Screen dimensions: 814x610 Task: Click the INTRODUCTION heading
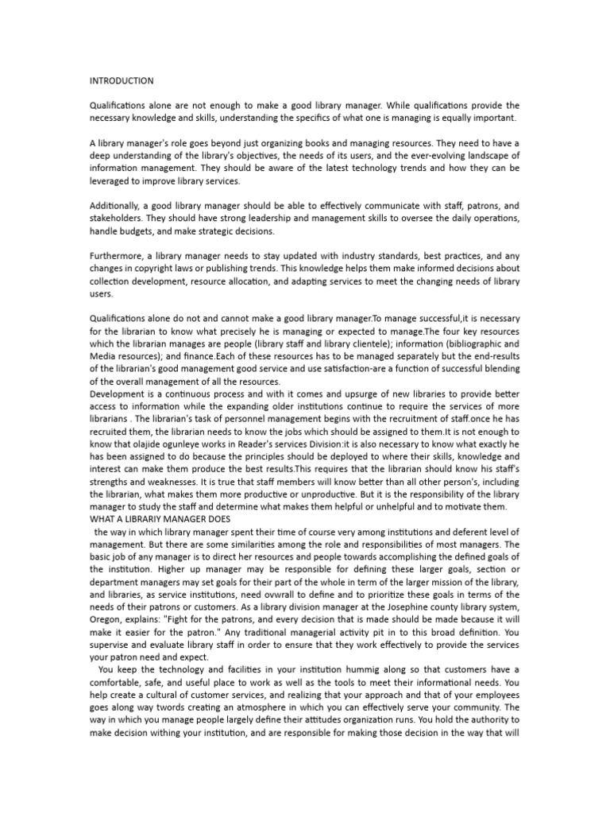point(122,81)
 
